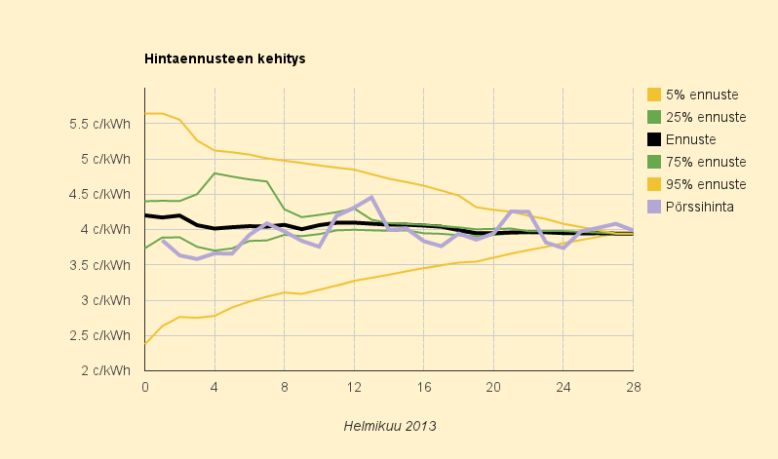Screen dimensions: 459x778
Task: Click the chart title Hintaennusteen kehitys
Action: tap(225, 59)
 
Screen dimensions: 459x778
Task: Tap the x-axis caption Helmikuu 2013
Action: tap(390, 426)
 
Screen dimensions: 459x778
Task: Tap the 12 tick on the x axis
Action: tap(354, 386)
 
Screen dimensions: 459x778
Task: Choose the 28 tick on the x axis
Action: tap(633, 386)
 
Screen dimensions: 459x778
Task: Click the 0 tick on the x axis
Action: tap(145, 386)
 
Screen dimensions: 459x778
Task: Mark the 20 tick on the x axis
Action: tap(493, 386)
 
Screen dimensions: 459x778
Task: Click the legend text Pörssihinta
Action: tap(699, 207)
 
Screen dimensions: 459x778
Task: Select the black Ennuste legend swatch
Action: tap(655, 139)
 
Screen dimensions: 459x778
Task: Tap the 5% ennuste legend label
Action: tap(702, 95)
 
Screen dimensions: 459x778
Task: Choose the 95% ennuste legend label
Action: tap(706, 184)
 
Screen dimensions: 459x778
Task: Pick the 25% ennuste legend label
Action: tap(706, 117)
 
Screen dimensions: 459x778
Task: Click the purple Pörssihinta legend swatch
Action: tap(655, 207)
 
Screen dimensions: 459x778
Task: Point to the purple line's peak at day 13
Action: tap(371, 198)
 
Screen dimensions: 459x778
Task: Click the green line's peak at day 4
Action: tap(214, 173)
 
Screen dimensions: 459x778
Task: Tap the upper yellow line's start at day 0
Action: tap(145, 113)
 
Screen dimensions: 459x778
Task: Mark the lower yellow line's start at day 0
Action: tap(145, 344)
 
